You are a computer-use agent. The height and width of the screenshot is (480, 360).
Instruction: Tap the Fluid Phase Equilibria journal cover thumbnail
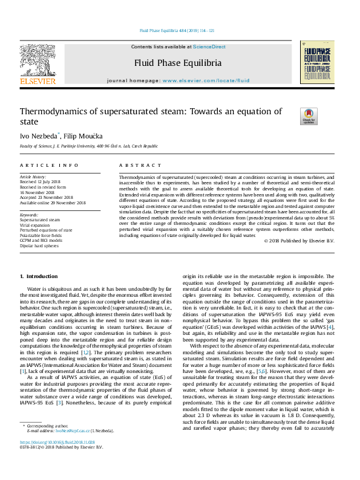pos(316,66)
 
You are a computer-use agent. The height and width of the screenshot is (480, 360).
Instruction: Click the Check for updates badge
pos(309,116)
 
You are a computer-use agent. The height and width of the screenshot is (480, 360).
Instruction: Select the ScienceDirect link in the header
pos(209,47)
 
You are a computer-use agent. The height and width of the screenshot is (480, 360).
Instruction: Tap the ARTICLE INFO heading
pos(49,165)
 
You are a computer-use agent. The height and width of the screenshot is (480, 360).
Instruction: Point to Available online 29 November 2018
pos(53,203)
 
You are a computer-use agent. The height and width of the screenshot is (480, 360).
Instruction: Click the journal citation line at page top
pos(177,30)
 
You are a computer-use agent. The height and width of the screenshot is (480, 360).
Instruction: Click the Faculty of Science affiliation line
pos(89,146)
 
